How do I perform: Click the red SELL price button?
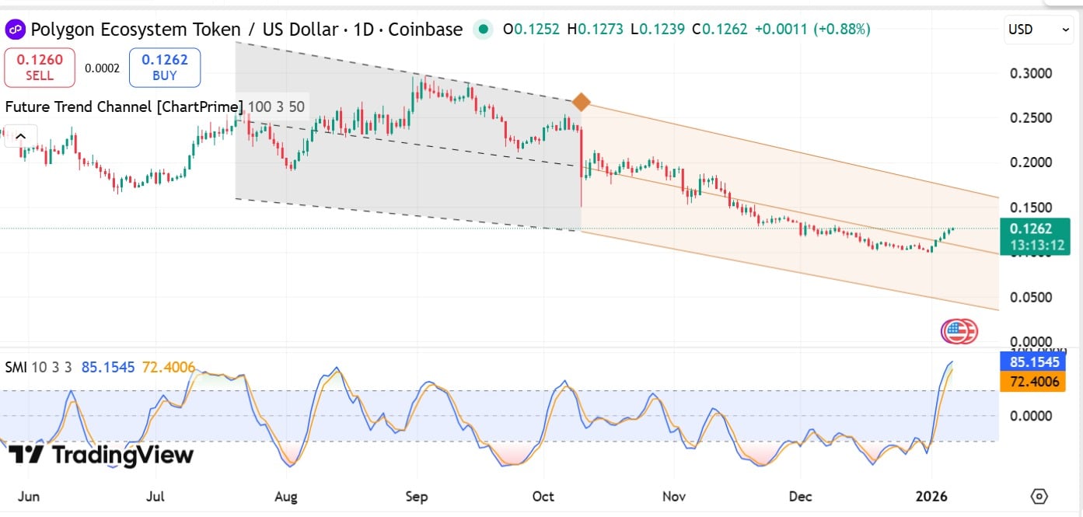40,67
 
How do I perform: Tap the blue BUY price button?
164,67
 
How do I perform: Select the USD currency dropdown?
1039,30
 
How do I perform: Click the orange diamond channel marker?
581,102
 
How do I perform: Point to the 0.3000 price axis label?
1031,74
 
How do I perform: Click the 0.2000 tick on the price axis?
1031,162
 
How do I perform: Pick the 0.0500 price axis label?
1031,297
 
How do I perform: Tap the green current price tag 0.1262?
1035,236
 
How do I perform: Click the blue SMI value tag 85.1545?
1033,362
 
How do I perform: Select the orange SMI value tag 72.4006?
1033,382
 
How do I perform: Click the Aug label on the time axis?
286,497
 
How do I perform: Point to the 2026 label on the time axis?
931,497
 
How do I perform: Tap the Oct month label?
543,497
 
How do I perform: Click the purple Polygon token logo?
15,30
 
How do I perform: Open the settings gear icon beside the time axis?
1039,496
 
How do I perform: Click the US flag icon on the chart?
955,332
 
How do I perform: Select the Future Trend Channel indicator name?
124,107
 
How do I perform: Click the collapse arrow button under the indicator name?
20,136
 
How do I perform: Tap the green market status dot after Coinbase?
483,30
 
